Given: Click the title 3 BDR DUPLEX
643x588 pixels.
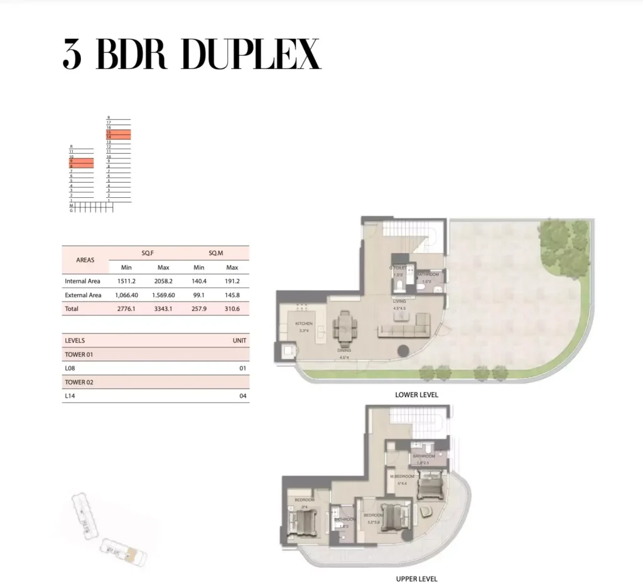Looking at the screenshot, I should (x=192, y=55).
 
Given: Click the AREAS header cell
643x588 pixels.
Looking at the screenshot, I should (x=85, y=259).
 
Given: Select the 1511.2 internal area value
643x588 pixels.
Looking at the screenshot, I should (x=126, y=281).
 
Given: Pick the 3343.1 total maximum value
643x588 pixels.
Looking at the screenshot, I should (x=163, y=309).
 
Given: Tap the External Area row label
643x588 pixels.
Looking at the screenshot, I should (x=83, y=295).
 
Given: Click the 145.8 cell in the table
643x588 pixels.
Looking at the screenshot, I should (x=232, y=295).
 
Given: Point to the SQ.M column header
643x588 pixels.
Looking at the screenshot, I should (x=215, y=253).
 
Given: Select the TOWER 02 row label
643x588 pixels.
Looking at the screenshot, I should (x=79, y=382).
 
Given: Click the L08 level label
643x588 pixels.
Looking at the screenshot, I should (x=70, y=368).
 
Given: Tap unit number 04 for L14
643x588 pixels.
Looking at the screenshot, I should (x=243, y=396).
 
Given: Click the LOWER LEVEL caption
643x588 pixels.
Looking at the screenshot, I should (x=416, y=395).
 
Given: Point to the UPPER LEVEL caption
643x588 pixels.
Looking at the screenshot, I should (x=416, y=579).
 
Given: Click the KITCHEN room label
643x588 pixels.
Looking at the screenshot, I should (x=304, y=324).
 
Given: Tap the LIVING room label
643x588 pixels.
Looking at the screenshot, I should (x=399, y=302).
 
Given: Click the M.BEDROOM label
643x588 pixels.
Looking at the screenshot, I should (x=402, y=476).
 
